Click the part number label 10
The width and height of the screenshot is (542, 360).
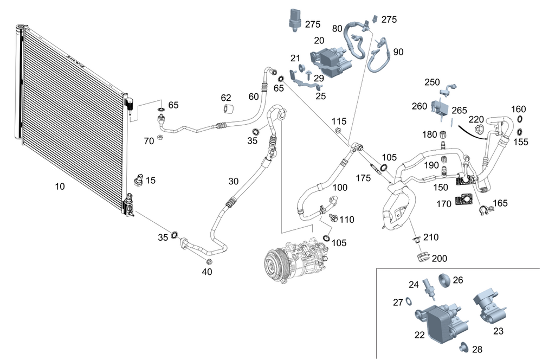(60, 187)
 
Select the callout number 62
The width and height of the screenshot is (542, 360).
(226, 98)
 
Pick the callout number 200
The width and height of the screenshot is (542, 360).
(440, 259)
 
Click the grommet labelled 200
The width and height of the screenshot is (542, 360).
(423, 255)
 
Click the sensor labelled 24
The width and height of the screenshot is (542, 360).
(430, 288)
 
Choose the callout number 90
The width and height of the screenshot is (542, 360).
(398, 52)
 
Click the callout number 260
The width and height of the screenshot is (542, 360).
(419, 106)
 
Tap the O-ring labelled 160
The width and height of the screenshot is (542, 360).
(520, 119)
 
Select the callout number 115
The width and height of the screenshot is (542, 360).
(339, 120)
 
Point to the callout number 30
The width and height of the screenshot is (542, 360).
(233, 181)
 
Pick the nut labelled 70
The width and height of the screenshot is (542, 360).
(160, 138)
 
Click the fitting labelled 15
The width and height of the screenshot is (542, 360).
(138, 179)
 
